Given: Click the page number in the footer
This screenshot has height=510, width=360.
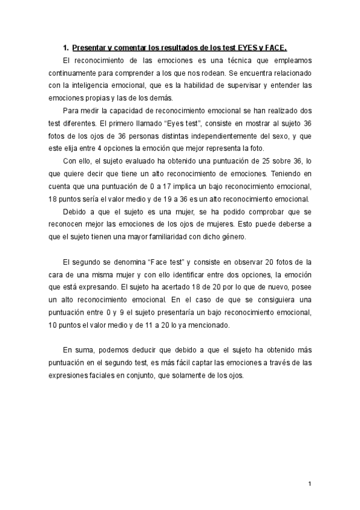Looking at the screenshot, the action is tap(309, 484).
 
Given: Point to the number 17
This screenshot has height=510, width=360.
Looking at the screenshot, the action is tap(172, 186).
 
